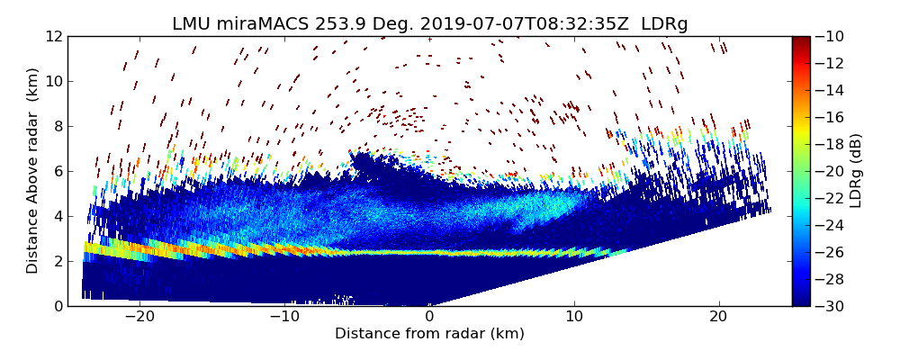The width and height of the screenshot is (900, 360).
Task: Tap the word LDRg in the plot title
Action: coord(664,24)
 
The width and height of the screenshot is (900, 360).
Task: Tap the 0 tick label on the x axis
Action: coord(429,317)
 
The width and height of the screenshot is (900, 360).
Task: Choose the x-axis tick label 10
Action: coord(574,317)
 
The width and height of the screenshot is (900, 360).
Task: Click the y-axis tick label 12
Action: coord(53,36)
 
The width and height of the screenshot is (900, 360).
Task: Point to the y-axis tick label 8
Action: coord(57,126)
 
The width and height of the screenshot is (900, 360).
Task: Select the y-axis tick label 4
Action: coord(57,216)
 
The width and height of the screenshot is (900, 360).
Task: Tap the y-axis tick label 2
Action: coord(57,261)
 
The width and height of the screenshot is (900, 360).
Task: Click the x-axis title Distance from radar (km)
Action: coord(429,334)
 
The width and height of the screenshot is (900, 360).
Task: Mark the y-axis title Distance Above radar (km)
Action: coord(32,171)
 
